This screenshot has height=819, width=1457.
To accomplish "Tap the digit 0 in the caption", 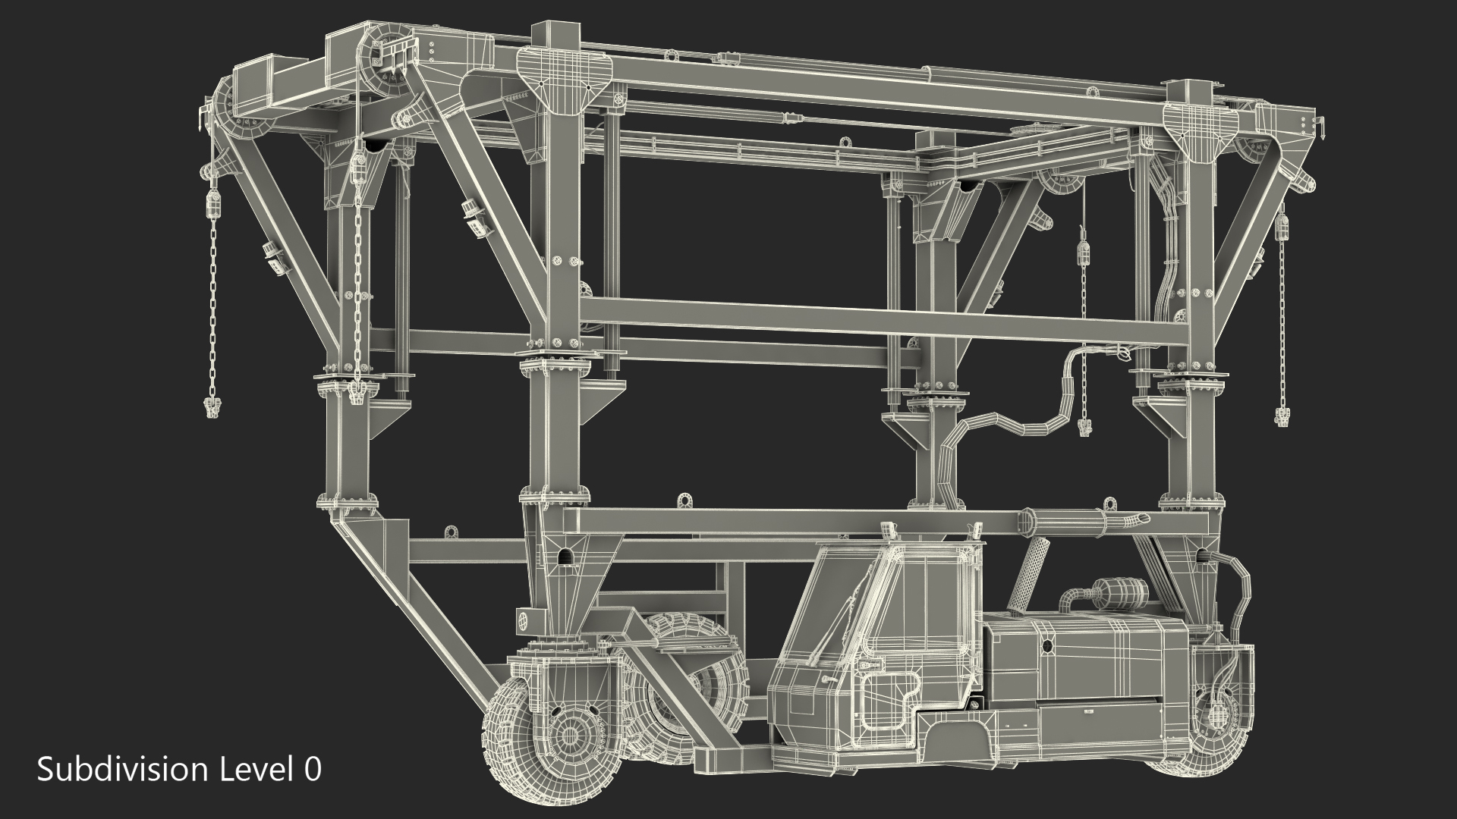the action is (x=312, y=770).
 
